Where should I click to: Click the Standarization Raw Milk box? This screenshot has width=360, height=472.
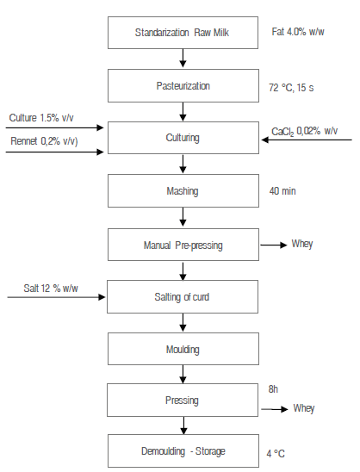182,33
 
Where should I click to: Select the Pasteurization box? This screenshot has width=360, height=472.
182,86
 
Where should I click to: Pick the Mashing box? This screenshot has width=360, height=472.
182,190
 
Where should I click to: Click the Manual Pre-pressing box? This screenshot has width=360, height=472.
182,245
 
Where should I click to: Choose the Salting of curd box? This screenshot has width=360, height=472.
182,296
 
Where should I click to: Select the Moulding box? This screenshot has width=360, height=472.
182,350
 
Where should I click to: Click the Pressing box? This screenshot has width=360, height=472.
182,401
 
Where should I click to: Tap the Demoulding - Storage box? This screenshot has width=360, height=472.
182,450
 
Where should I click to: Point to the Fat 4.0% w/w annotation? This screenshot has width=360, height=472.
298,34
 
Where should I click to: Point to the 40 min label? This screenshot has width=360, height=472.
282,190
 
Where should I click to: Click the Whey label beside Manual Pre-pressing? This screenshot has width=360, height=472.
302,244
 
